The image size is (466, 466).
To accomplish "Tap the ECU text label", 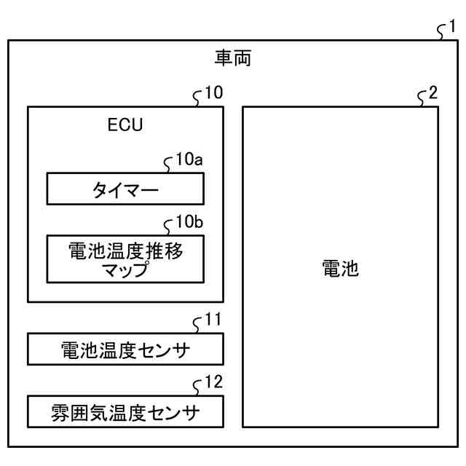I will point(125,124).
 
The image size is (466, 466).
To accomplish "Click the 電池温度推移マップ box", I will point(125,259).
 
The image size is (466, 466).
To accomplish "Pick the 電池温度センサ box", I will point(125,349).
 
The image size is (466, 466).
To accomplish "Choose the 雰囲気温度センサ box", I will point(125,411).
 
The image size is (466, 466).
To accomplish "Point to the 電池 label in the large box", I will point(340,269).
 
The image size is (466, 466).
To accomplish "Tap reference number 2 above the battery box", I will point(434,94).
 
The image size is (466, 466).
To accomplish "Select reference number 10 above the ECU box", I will point(213,94).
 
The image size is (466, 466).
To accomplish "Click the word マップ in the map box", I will point(125,270).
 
